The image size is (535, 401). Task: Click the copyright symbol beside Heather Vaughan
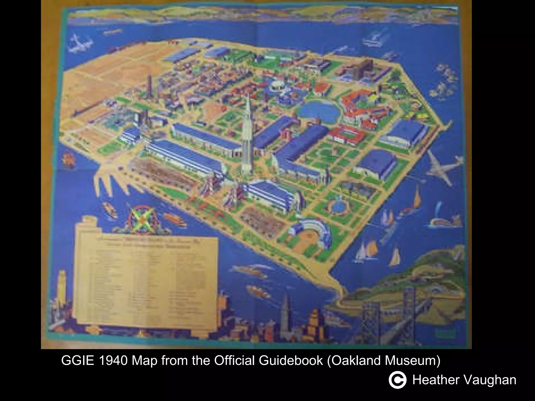pos(397,380)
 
